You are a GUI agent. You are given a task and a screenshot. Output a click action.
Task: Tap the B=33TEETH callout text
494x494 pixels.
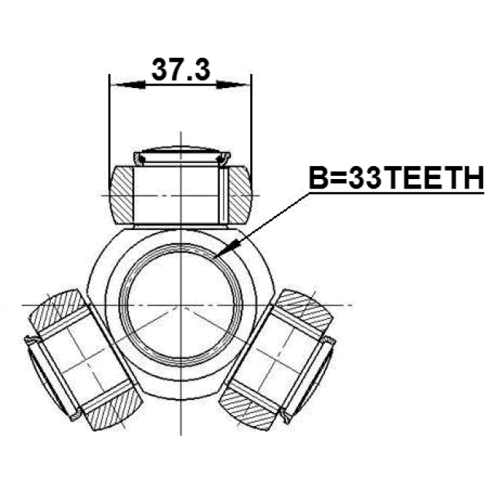[x=396, y=178]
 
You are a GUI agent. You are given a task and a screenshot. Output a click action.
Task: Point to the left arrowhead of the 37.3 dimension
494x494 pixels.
[x=130, y=85]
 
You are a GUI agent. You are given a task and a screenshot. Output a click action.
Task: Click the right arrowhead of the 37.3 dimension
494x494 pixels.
[x=232, y=85]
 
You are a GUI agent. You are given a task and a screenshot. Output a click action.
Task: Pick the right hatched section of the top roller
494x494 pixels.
[x=239, y=195]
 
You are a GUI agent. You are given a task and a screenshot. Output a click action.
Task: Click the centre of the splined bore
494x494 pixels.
[x=181, y=305]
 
